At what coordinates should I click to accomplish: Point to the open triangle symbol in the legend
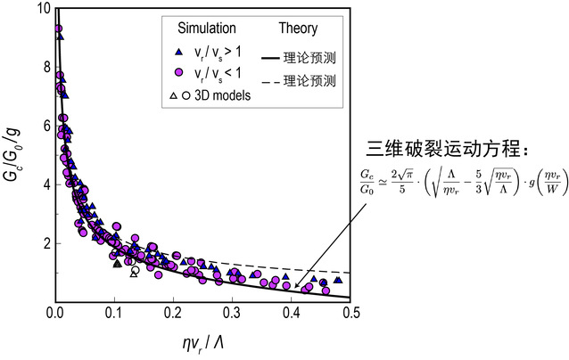pos(172,94)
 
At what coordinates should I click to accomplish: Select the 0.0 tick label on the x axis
pos(54,313)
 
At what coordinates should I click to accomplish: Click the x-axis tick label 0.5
pos(351,313)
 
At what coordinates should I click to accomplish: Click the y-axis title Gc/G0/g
pos(15,156)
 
